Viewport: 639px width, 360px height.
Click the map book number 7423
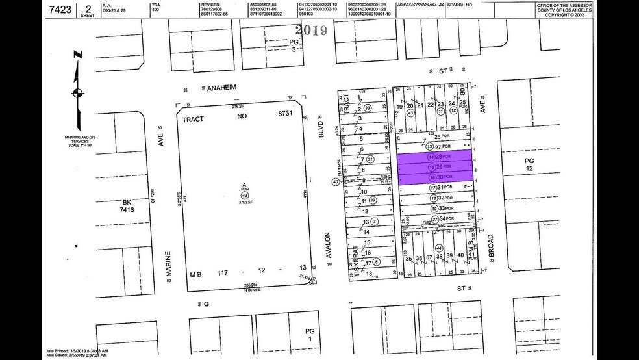pos(58,10)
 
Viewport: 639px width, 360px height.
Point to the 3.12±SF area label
pos(245,203)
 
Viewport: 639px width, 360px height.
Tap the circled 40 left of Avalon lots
pos(335,182)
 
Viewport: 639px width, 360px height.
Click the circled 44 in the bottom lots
pos(439,248)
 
